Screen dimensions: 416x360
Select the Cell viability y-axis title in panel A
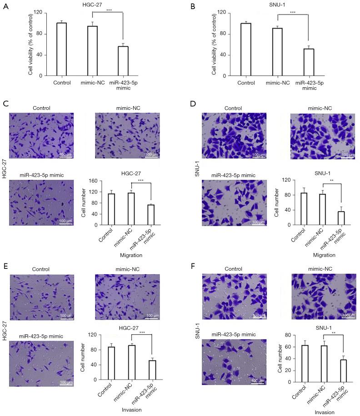[x=30, y=44]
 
